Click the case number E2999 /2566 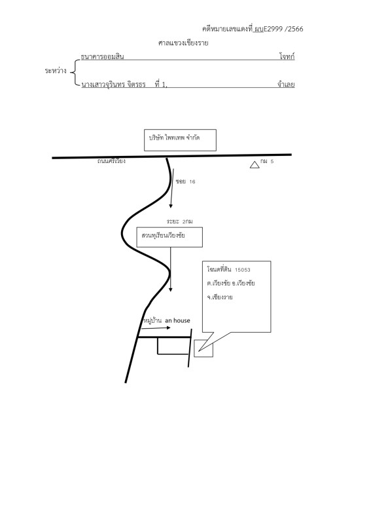283,29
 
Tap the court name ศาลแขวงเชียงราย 183,43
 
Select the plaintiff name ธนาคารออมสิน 102,56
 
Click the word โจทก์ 287,56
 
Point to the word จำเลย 286,84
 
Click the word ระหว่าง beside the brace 56,71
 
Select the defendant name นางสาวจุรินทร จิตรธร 114,84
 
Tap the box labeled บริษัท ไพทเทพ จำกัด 180,140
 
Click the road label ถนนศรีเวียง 111,161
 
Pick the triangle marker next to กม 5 255,165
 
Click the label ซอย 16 185,181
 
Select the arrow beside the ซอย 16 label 172,188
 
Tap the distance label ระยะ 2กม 180,221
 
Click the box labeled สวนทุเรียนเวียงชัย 169,237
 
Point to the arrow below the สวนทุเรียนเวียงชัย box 171,270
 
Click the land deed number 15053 243,270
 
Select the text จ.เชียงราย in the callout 220,297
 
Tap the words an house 178,320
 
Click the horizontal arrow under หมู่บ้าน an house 156,328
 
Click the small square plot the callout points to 203,348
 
